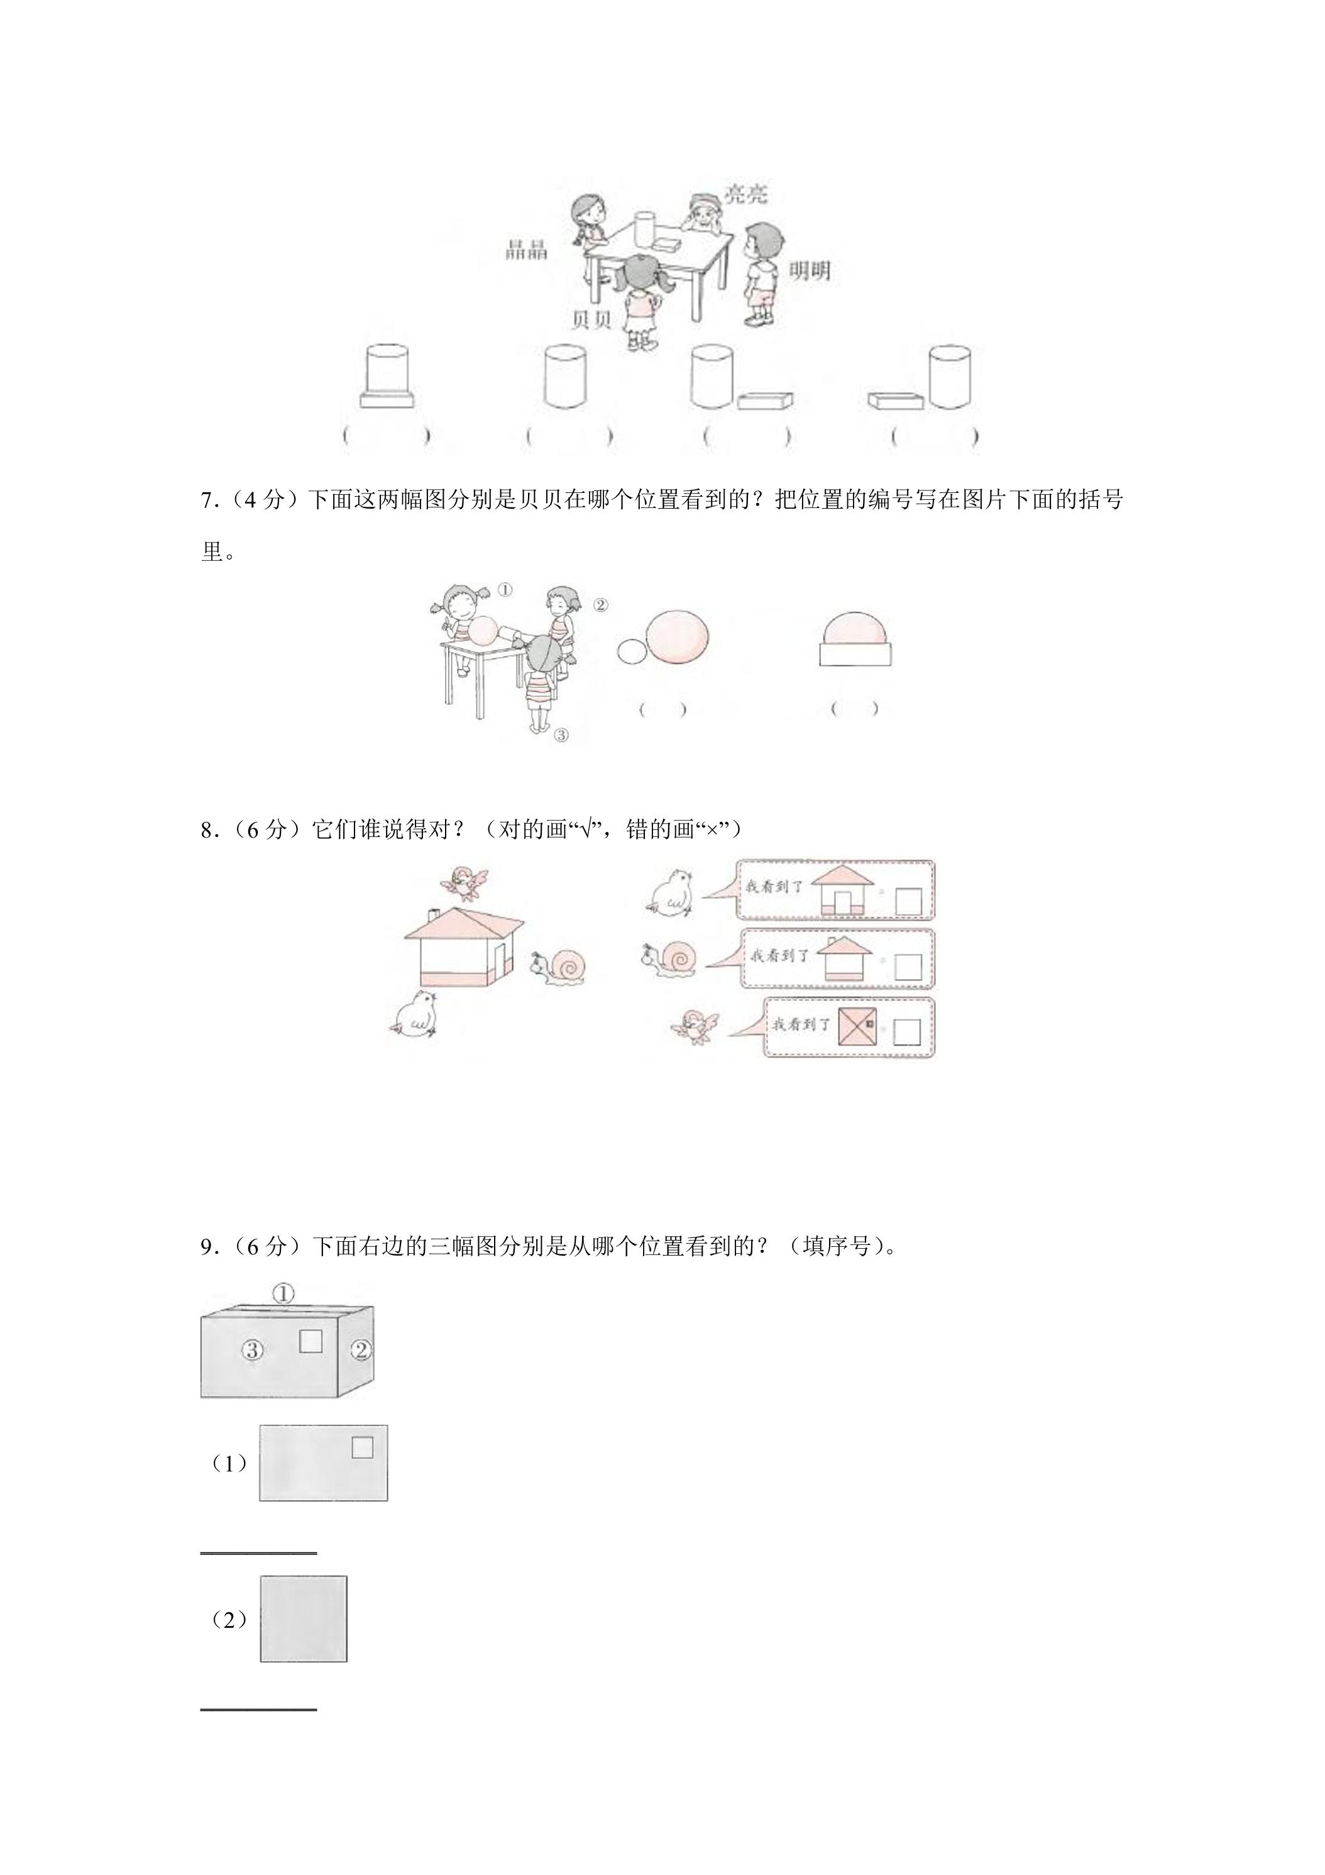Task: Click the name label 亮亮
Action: pyautogui.click(x=746, y=194)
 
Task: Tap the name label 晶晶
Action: pyautogui.click(x=527, y=251)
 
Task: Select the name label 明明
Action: pyautogui.click(x=809, y=271)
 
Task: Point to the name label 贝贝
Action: pyautogui.click(x=591, y=319)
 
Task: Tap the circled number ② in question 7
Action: pyautogui.click(x=600, y=605)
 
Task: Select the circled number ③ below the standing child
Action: pyautogui.click(x=561, y=735)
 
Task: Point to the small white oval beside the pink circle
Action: pyautogui.click(x=631, y=651)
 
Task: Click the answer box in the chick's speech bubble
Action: pyautogui.click(x=909, y=902)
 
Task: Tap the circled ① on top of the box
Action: pyautogui.click(x=282, y=1293)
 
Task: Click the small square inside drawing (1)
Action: pyautogui.click(x=363, y=1448)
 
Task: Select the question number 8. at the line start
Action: pyautogui.click(x=211, y=830)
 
